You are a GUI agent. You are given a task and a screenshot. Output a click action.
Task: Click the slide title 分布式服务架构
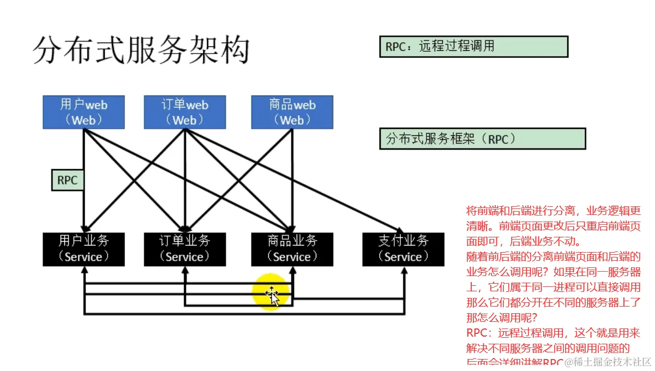point(141,51)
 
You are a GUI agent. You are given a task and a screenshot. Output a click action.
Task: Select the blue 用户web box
point(83,112)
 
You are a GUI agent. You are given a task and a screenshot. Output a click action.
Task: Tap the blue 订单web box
point(185,112)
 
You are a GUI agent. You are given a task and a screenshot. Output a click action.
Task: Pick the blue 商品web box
point(292,112)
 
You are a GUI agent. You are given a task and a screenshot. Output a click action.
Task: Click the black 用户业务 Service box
point(83,249)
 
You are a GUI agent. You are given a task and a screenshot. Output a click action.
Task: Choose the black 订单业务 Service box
point(185,249)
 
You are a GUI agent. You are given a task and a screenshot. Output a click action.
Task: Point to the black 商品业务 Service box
point(292,249)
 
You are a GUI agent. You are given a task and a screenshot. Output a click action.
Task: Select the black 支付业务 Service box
point(404,249)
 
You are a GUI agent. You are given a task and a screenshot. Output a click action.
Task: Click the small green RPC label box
point(68,180)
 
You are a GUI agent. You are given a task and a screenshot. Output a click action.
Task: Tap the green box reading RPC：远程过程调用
point(473,46)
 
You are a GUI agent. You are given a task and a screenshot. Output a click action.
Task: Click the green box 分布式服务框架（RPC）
point(482,139)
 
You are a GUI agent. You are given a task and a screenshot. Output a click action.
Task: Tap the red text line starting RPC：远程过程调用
point(553,333)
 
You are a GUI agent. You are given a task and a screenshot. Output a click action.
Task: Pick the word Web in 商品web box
point(292,120)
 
